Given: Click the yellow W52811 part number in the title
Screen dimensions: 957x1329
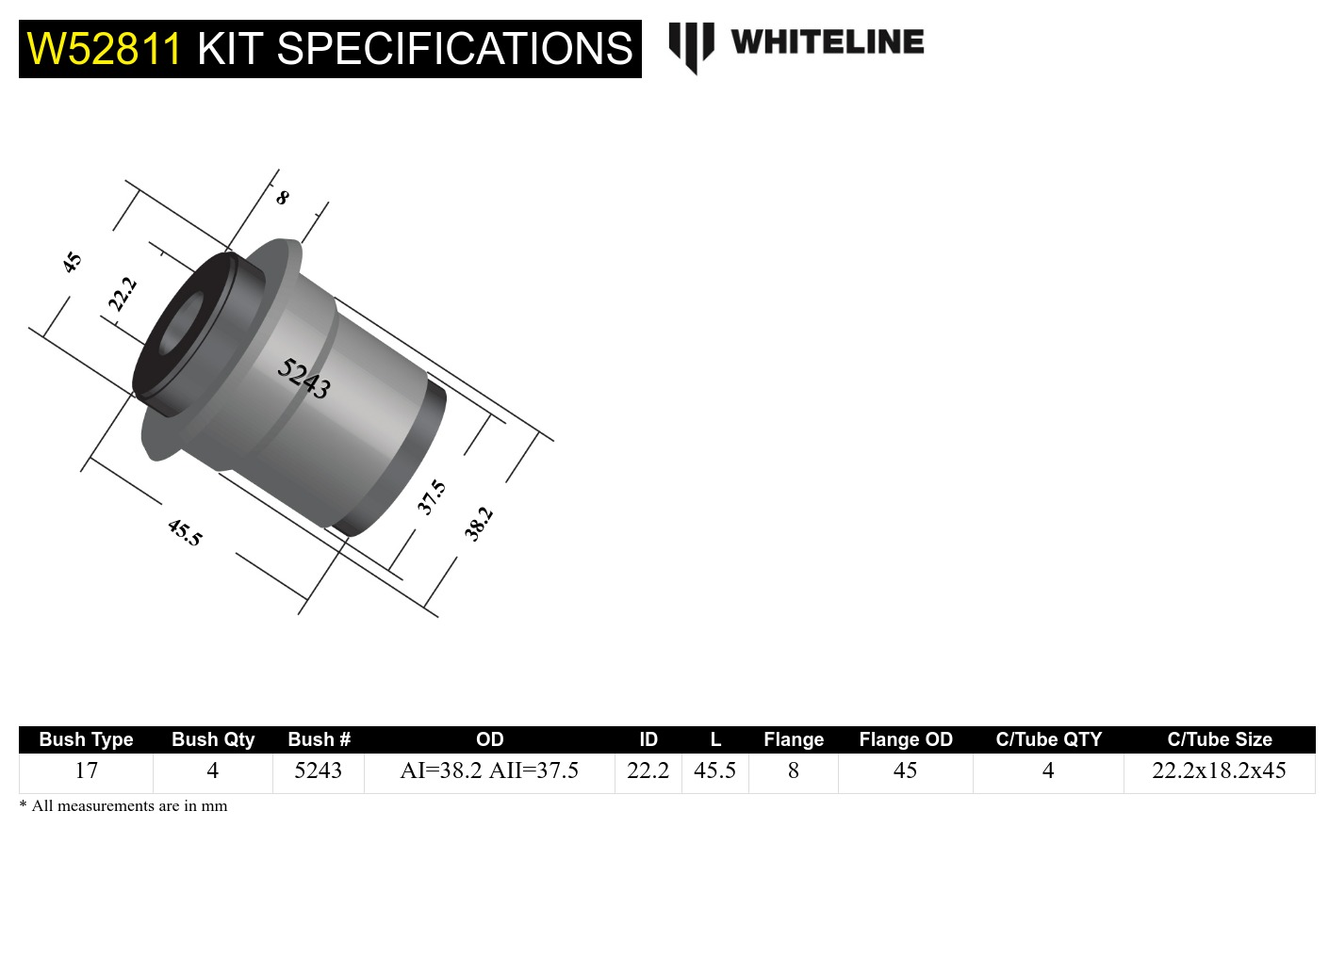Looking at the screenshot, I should pos(104,49).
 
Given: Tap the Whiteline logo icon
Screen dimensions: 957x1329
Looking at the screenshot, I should pos(692,46).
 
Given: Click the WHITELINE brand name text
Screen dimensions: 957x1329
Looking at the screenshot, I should pos(827,42).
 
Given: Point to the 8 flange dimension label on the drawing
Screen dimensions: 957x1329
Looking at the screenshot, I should pos(282,198).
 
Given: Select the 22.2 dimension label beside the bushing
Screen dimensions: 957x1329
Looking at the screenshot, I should pos(123,294).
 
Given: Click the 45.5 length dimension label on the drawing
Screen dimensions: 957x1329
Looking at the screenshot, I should pos(185,532).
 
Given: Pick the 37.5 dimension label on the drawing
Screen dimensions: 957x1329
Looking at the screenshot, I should pos(432,497).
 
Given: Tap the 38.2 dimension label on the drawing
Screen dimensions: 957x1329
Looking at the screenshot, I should pos(478,524).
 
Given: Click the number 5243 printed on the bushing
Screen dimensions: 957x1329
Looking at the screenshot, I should pos(304,379).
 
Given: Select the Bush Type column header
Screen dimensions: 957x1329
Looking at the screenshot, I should pos(86,739).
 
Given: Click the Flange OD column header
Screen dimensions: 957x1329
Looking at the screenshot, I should pos(905,739).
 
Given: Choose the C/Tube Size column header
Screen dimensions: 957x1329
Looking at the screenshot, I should pos(1219,739).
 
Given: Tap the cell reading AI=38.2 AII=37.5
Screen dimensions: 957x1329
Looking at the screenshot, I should pos(489,770).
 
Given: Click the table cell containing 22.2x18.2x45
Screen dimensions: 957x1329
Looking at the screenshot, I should pos(1219,770).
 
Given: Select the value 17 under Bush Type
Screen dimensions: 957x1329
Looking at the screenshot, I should pos(86,770).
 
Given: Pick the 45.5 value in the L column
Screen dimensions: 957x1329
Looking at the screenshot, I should pos(714,770).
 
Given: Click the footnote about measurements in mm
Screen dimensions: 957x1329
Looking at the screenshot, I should pos(123,806).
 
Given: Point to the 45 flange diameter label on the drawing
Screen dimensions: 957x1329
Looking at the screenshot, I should pos(72,262).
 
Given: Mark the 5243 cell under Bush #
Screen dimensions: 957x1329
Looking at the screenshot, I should pos(318,770).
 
